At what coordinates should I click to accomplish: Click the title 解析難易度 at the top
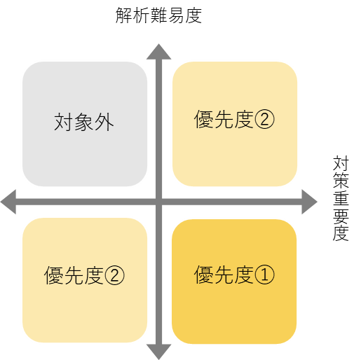coord(158,15)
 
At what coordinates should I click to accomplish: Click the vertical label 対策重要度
coord(341,198)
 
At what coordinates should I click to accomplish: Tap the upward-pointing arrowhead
coord(159,52)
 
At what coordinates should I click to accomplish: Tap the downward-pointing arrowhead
coord(159,352)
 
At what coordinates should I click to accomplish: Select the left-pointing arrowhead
coord(8,202)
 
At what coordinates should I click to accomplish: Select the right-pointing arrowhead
coord(309,202)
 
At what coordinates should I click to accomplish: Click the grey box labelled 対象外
coord(85,124)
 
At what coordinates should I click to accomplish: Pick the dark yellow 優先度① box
coord(234,282)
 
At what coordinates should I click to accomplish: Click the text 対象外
coord(84,122)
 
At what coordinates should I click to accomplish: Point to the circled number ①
coord(264,275)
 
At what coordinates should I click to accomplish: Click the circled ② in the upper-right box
coord(264,119)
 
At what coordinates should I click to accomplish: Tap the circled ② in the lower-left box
coord(114,275)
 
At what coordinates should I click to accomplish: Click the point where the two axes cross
coord(159,202)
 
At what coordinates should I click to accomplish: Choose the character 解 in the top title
coord(124,15)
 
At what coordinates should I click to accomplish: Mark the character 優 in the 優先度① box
coord(203,275)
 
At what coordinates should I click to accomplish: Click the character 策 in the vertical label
coord(341,181)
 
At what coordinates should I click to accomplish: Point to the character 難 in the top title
coord(159,15)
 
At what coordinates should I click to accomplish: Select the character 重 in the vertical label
coord(341,198)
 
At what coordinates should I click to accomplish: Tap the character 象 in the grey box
coord(84,122)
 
